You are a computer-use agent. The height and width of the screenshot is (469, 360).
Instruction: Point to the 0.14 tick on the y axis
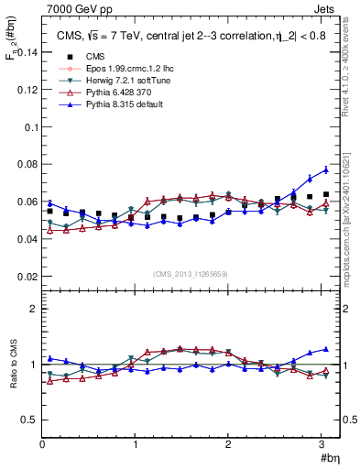(26, 53)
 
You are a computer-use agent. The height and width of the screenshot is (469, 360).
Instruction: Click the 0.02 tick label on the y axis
(26, 277)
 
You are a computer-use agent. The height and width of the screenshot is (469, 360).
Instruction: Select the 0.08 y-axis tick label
(26, 165)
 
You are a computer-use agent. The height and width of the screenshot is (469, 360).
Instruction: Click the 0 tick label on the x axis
(42, 445)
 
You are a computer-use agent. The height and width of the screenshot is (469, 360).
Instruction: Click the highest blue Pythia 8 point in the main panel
(326, 169)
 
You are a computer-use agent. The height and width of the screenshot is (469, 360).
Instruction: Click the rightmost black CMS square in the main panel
(326, 194)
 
